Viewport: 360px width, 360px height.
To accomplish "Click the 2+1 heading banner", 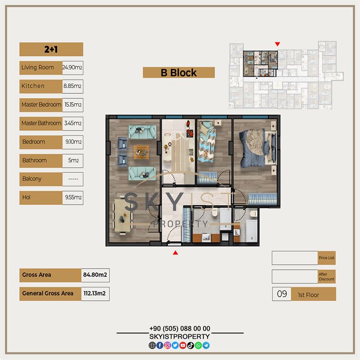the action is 51,49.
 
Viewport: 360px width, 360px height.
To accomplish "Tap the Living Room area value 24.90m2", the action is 72,68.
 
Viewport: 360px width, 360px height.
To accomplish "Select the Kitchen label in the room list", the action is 33,86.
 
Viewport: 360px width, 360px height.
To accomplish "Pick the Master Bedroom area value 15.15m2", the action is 73,105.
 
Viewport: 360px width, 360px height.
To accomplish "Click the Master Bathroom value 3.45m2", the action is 73,123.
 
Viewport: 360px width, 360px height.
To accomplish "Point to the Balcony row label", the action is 32,179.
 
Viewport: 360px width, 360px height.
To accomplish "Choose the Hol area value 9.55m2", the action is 73,198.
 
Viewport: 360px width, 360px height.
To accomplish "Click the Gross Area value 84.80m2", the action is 95,275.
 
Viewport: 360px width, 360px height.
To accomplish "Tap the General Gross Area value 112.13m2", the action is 95,293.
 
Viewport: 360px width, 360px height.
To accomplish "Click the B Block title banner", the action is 179,72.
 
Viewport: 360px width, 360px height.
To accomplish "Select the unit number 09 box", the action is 282,294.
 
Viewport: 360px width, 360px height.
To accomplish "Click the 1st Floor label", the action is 309,295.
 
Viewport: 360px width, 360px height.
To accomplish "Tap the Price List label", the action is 327,258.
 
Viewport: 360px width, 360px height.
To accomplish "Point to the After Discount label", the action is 327,277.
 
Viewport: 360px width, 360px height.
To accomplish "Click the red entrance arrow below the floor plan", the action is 175,253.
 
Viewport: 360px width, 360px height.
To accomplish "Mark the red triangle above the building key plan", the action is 278,44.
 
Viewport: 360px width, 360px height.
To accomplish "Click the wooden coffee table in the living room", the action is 141,152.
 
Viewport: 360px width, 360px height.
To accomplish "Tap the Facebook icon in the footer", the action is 160,345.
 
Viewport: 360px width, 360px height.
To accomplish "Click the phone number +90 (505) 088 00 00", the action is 180,329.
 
